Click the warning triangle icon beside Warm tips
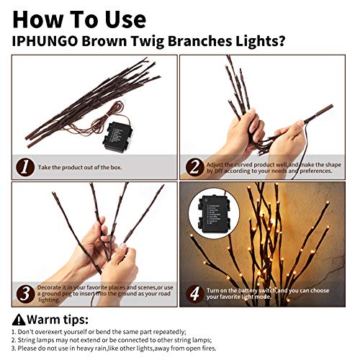point(18,319)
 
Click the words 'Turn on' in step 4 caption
point(220,289)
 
